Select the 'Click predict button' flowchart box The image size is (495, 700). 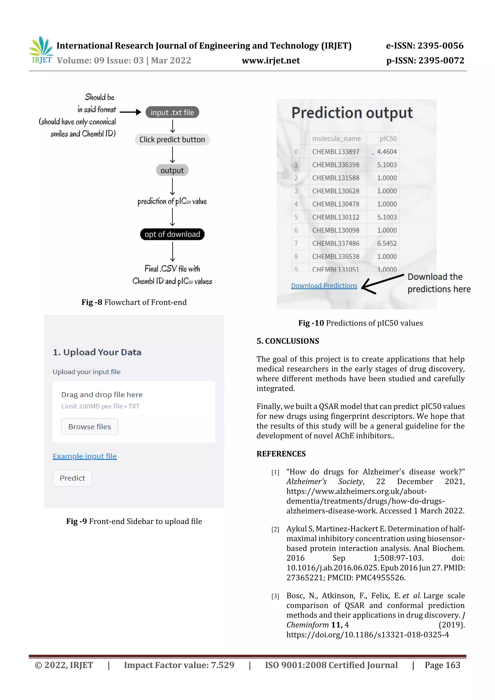tap(172, 140)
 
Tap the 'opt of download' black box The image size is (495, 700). tap(172, 234)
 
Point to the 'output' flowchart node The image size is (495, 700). tap(172, 170)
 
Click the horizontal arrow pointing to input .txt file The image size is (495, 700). tap(130, 112)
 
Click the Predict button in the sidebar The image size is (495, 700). tap(72, 478)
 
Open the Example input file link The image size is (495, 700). tap(85, 456)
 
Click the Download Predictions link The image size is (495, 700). tap(324, 286)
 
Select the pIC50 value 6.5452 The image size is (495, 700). tap(386, 243)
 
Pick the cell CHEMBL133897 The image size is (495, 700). tap(335, 152)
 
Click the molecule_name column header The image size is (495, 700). tap(336, 138)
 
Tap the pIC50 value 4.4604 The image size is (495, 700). tap(386, 152)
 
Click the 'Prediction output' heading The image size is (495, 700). tap(352, 113)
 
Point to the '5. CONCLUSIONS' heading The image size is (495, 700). tap(288, 341)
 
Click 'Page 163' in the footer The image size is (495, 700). tap(442, 665)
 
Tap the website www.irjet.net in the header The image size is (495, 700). tap(270, 61)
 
